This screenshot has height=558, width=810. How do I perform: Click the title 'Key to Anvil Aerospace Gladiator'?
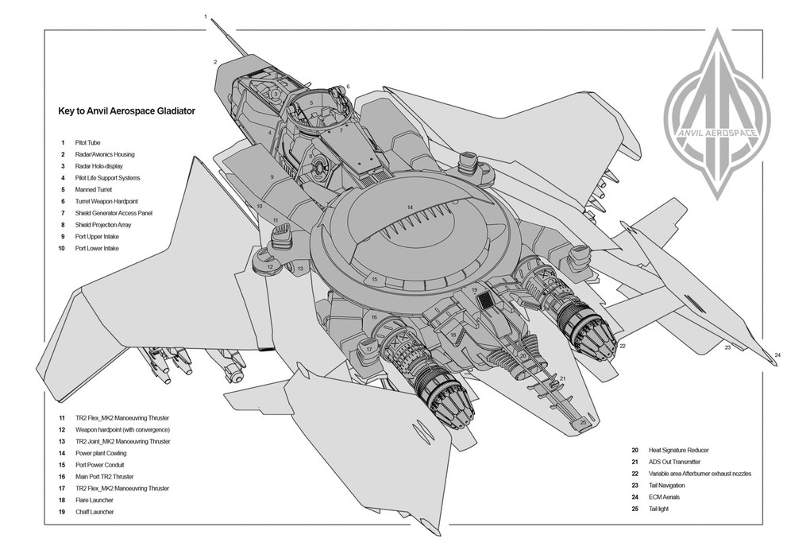coord(126,111)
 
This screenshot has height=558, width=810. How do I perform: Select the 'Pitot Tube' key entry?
coord(87,143)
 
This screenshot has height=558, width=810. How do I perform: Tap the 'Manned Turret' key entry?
coord(93,190)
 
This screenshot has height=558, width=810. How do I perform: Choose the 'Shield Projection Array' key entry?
coord(103,225)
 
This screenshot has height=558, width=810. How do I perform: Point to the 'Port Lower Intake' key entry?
coord(97,249)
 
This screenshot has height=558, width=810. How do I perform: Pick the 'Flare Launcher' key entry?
coord(94,500)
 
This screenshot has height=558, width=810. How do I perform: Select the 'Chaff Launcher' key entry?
coord(94,512)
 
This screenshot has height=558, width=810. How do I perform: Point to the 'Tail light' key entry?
coord(659,509)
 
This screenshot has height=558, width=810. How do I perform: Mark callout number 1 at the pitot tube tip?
coord(206,16)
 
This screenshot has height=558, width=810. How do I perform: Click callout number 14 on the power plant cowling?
coord(410,207)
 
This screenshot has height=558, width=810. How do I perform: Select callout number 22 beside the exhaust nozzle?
coord(623,346)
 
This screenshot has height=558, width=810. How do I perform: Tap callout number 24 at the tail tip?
coord(778,355)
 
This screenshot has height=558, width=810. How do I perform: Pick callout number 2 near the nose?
coord(214,61)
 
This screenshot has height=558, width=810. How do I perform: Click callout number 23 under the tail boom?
coord(727,347)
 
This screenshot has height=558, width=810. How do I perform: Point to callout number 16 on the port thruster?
coord(373,317)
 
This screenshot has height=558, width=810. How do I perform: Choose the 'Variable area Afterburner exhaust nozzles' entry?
coord(700,474)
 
